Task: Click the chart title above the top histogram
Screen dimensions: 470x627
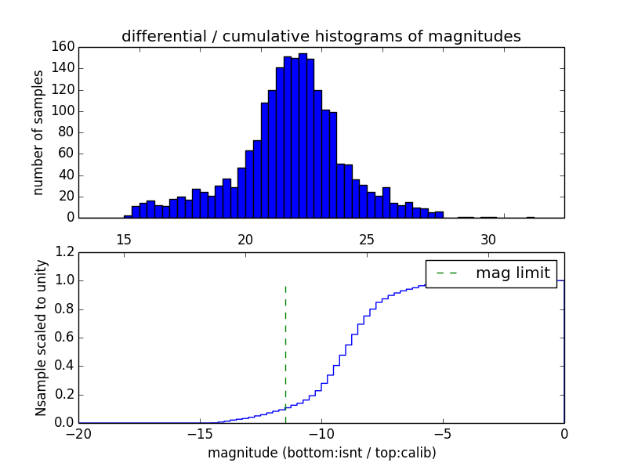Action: point(321,36)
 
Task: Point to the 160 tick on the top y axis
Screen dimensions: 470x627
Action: point(64,47)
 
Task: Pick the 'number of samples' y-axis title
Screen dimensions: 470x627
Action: point(38,132)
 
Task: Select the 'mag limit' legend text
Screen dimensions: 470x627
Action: point(513,273)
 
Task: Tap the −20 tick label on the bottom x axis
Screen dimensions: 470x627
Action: point(78,433)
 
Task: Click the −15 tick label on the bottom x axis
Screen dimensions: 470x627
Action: point(199,433)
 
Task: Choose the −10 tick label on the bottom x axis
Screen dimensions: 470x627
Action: point(321,433)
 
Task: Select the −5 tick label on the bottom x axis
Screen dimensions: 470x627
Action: point(442,433)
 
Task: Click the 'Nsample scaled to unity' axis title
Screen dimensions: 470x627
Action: point(42,338)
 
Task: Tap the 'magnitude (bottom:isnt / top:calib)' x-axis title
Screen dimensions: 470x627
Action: point(321,453)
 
